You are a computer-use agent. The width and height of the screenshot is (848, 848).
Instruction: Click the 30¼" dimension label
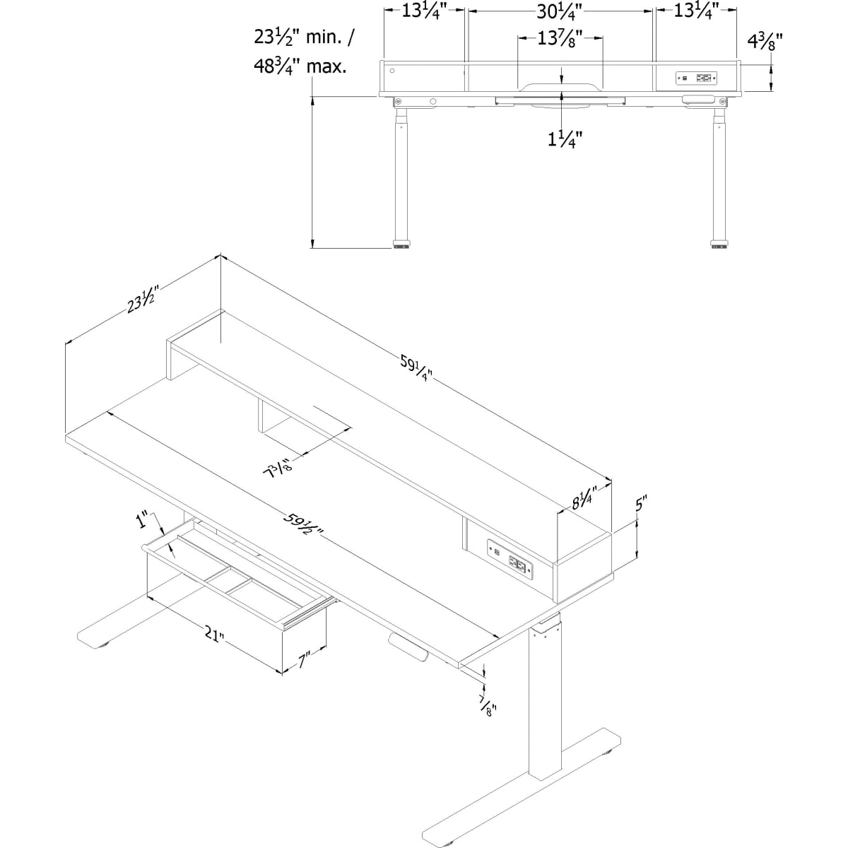point(559,12)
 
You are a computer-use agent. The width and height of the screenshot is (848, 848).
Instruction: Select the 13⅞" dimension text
point(560,39)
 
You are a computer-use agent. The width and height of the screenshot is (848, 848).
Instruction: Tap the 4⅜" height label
point(765,43)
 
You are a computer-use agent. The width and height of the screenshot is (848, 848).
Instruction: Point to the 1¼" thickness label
point(565,140)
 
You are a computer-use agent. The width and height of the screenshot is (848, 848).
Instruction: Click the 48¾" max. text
point(300,67)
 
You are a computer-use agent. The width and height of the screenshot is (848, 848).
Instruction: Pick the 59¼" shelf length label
point(416,368)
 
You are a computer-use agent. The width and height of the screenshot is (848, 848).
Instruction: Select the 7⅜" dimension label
point(278,471)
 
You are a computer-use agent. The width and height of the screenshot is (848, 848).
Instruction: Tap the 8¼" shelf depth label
point(584,498)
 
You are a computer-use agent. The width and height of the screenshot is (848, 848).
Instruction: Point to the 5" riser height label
point(640,504)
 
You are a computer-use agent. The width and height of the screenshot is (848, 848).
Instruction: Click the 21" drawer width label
point(214,635)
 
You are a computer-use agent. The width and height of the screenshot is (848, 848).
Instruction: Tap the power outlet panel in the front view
point(696,78)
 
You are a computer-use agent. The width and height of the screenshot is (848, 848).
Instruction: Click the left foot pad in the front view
point(401,245)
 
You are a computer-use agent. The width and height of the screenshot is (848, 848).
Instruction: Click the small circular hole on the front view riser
point(392,71)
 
